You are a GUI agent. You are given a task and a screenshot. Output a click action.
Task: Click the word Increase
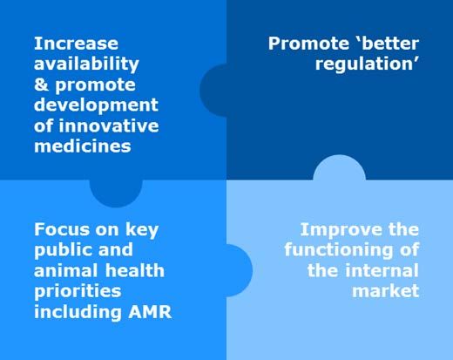(76, 44)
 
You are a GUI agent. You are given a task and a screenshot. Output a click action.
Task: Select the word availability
(86, 65)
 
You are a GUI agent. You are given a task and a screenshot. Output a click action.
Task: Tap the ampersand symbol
(41, 85)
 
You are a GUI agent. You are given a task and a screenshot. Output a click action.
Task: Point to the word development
(96, 105)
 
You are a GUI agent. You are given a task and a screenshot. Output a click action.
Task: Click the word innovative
(109, 126)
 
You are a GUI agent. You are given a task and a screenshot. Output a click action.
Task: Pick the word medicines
(83, 146)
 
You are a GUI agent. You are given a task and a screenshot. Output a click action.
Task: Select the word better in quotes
(390, 44)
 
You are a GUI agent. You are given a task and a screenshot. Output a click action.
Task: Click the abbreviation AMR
(150, 312)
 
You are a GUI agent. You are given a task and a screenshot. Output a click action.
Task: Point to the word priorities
(78, 292)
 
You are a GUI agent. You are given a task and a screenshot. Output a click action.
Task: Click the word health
(135, 270)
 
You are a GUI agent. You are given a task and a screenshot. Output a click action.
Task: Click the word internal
(382, 271)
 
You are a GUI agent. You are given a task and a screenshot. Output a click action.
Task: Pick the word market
(386, 291)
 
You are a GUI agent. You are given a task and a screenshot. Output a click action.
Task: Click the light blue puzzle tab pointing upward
(339, 168)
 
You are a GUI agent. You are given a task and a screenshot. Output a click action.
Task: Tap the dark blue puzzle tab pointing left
(213, 91)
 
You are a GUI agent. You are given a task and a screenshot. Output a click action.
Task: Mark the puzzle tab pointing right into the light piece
(240, 270)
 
